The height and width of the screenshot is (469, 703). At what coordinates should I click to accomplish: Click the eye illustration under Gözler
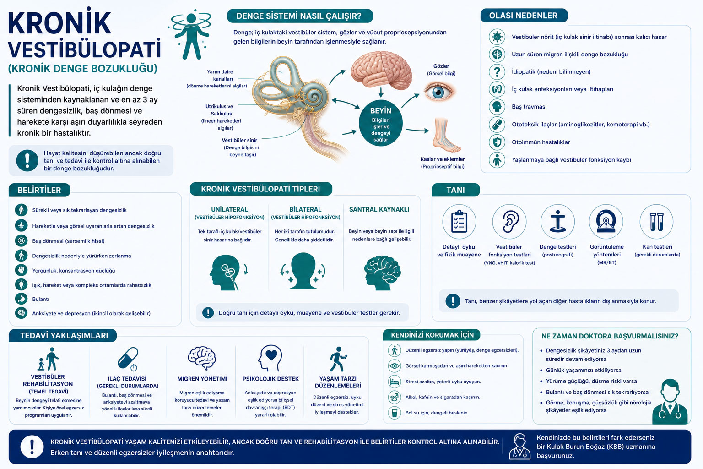click(x=438, y=92)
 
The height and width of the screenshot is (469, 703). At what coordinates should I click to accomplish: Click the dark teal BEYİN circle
click(x=381, y=125)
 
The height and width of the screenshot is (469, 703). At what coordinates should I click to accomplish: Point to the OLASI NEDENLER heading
click(x=523, y=16)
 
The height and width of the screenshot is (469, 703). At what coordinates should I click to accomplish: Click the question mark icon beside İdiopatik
click(x=497, y=71)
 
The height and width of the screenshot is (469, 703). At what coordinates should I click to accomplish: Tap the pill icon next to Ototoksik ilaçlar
click(x=497, y=125)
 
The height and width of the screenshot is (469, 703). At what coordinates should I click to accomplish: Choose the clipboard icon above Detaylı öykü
click(x=459, y=222)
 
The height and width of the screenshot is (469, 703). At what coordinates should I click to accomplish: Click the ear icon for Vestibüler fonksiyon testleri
click(x=509, y=222)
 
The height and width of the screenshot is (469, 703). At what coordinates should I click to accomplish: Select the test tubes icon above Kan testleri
click(x=657, y=222)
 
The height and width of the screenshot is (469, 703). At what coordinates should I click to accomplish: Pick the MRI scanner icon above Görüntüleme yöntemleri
click(x=606, y=222)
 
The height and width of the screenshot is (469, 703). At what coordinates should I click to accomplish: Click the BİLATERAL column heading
click(x=305, y=209)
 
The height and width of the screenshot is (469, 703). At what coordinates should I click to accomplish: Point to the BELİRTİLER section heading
click(x=39, y=190)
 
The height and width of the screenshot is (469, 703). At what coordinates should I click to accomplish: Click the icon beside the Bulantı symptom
click(x=22, y=299)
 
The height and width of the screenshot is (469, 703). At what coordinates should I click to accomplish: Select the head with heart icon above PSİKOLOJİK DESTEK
click(x=270, y=359)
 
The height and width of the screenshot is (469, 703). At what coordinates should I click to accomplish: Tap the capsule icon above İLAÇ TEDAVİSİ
click(x=128, y=359)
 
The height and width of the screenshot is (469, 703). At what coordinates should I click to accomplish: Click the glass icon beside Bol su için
click(x=395, y=413)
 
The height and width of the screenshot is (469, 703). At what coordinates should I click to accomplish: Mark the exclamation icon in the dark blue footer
click(x=32, y=447)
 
